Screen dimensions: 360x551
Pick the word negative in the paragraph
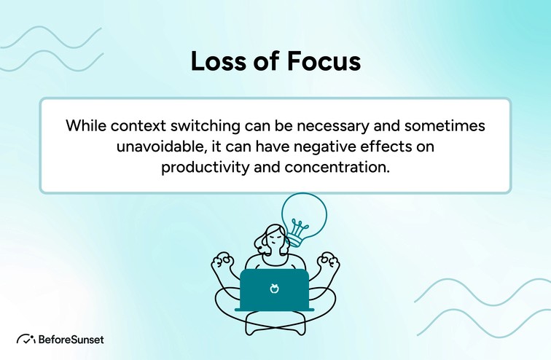tap(319, 146)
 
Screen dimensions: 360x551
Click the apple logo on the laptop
tap(274, 289)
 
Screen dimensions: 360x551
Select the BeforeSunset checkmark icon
tap(26, 339)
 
